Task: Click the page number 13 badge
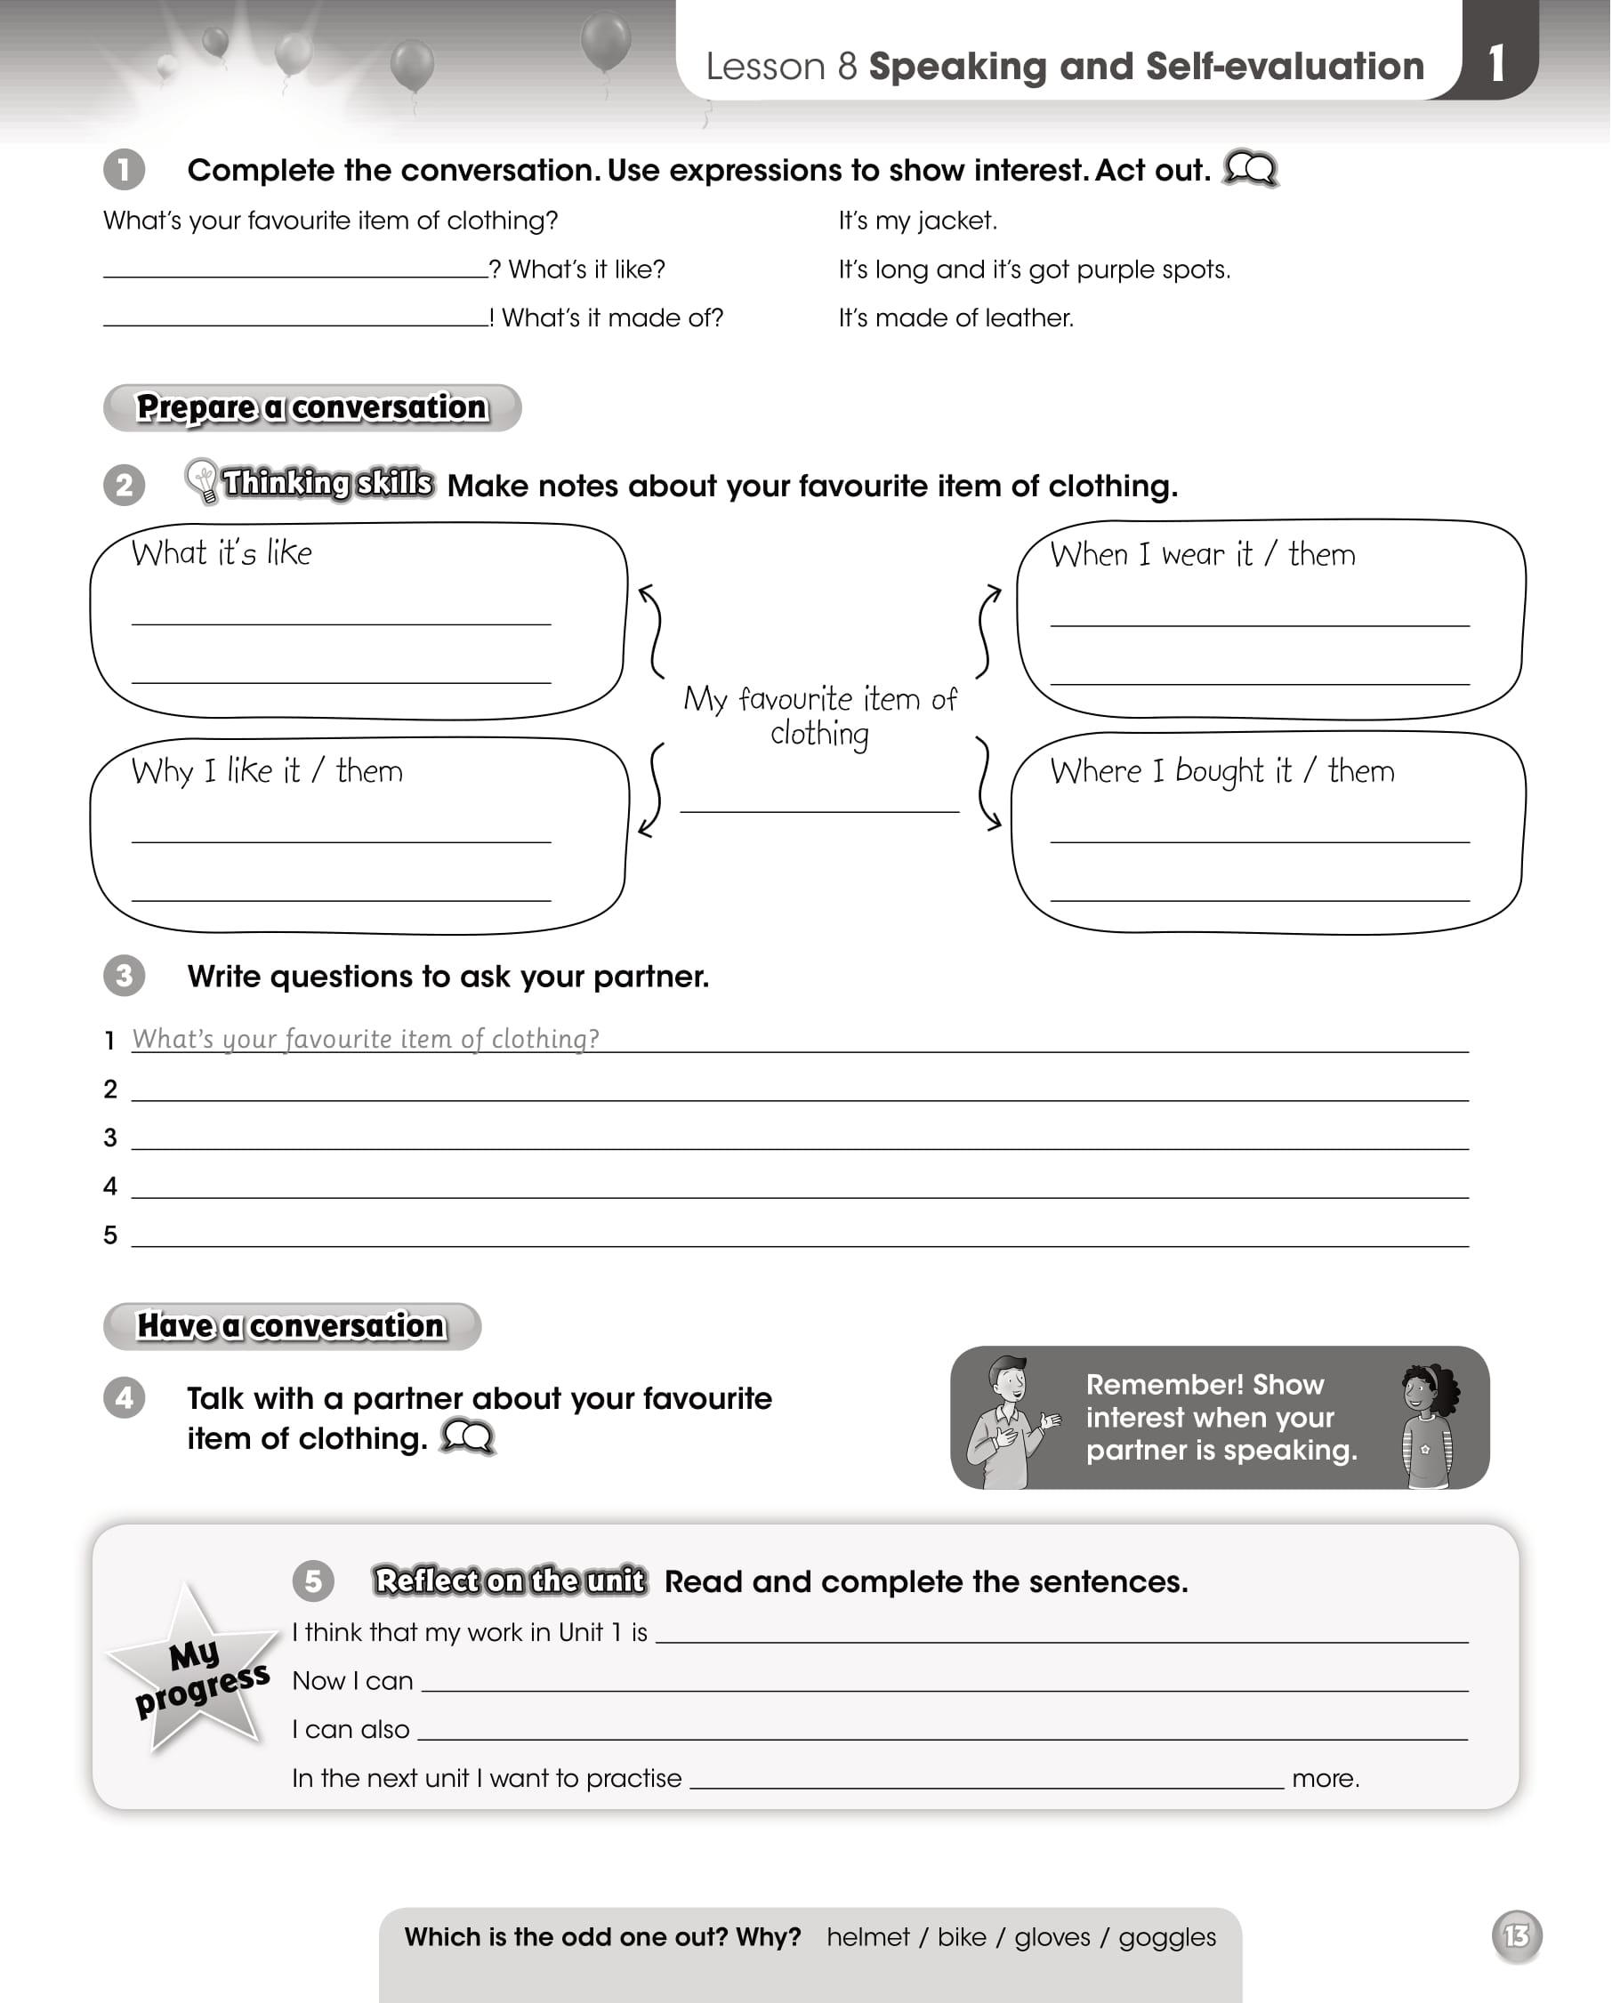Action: (x=1516, y=1935)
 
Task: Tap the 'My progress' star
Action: (x=195, y=1669)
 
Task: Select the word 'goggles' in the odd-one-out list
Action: (x=1167, y=1937)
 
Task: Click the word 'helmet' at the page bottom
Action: (x=867, y=1937)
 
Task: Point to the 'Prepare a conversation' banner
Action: (x=312, y=408)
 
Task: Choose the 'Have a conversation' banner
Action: (x=292, y=1326)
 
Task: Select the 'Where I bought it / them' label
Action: (x=1221, y=772)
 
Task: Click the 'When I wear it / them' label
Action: (x=1202, y=556)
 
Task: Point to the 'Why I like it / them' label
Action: (x=268, y=772)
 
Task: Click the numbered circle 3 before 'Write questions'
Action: (x=125, y=977)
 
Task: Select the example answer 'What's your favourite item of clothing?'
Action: (x=365, y=1039)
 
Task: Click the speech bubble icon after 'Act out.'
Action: (x=1251, y=169)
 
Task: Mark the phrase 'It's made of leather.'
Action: (x=956, y=318)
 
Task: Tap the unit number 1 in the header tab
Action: (x=1495, y=63)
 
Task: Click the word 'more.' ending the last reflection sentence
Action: (x=1326, y=1779)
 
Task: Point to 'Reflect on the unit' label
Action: (x=509, y=1581)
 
